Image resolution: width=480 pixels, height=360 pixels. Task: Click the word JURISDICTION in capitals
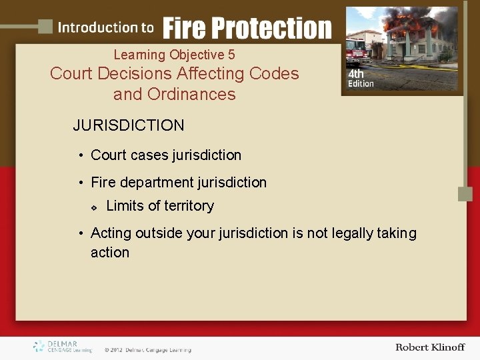click(129, 125)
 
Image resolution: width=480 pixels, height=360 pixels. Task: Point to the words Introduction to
click(105, 27)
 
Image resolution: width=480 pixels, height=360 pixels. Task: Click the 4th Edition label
click(360, 79)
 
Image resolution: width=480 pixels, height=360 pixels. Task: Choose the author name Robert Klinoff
click(429, 347)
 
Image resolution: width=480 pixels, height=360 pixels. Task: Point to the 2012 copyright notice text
click(147, 349)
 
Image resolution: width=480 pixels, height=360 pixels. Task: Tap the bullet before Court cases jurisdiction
click(79, 155)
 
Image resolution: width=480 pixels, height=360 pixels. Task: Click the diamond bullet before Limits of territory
click(93, 207)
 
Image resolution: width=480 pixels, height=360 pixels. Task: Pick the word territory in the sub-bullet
click(189, 206)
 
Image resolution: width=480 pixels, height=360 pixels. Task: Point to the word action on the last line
click(110, 252)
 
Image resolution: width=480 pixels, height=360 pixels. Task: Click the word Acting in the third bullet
click(111, 233)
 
